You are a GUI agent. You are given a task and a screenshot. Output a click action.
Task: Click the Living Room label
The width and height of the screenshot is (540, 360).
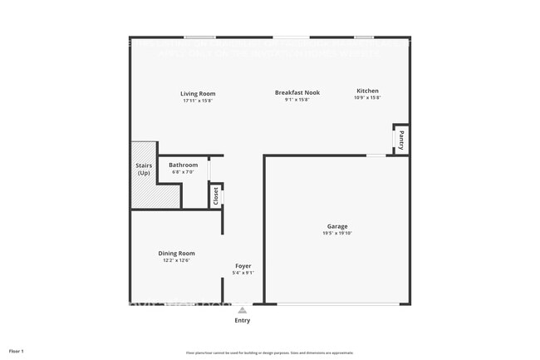coord(199,93)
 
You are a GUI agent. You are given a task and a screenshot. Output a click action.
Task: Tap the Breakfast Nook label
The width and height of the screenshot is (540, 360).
coord(297,93)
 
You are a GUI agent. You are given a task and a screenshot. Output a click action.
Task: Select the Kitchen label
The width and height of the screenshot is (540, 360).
coord(367,91)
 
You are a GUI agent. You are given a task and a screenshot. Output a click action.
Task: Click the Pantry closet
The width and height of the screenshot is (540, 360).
coord(400,138)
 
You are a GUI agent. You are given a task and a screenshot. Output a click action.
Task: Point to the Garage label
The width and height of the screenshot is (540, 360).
coord(336,226)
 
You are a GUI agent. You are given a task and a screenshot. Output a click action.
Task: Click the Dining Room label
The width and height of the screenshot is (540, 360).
coord(176,253)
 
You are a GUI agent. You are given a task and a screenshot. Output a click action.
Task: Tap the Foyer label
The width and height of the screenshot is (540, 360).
coord(243,266)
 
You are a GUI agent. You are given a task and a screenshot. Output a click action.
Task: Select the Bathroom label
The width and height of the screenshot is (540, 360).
coord(183,165)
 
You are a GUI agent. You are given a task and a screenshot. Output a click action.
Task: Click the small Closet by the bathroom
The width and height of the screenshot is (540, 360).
coord(216,196)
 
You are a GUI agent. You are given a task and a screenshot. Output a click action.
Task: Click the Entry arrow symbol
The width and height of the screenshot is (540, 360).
coord(242,309)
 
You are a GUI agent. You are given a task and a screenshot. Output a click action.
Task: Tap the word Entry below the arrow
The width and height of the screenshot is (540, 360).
coord(242,320)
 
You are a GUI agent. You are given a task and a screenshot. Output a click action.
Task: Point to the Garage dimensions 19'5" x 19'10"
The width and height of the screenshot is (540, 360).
coord(336,234)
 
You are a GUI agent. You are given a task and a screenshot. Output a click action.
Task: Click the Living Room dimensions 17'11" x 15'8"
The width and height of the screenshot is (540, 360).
coord(199,101)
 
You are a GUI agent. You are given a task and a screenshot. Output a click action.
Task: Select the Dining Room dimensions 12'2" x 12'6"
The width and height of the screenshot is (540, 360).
coord(176,260)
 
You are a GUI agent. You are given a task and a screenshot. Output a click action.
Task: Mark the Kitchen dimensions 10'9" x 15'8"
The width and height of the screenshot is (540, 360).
coord(367,98)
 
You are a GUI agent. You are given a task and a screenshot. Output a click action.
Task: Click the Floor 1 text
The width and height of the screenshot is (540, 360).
coord(17,351)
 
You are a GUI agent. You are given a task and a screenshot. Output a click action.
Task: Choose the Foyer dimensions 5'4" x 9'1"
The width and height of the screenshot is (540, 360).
coord(243,273)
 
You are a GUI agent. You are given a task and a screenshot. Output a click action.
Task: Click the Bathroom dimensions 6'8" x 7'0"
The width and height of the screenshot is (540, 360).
coord(183,172)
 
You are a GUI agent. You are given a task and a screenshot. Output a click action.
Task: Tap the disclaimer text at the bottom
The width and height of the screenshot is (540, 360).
coord(270,352)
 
